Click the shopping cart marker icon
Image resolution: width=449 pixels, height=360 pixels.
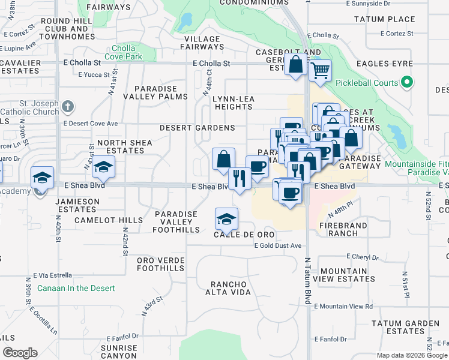point(321,70)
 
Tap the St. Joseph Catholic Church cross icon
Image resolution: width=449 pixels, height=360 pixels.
point(67,107)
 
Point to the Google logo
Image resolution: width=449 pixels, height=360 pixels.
point(20,353)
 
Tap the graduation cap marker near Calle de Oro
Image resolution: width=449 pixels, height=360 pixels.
point(226,219)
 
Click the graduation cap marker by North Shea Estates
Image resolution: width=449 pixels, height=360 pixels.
point(104,167)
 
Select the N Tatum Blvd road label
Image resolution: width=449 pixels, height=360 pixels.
point(308,281)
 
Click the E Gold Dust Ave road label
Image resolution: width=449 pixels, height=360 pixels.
point(277,245)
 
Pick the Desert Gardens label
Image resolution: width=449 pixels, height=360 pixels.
point(197,128)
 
